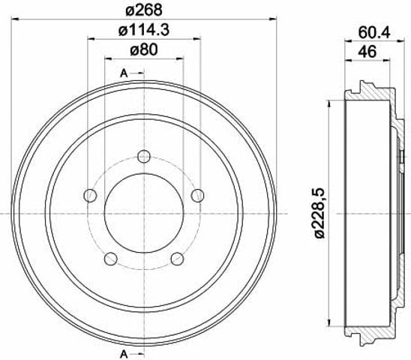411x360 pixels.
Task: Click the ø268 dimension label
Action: (144, 10)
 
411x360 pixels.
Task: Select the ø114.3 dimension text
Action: (144, 30)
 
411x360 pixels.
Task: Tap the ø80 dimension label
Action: (144, 49)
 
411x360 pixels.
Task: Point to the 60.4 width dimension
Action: (374, 33)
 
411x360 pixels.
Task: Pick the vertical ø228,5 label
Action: (320, 213)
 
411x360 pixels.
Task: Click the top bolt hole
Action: (144, 157)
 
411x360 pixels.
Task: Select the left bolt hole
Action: (90, 195)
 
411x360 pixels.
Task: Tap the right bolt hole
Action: (198, 195)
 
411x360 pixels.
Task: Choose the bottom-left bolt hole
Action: (110, 259)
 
